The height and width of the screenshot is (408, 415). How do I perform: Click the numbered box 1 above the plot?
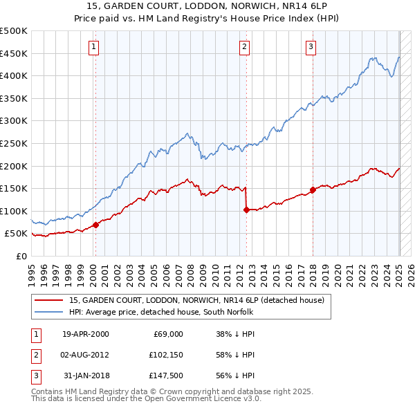[x=93, y=47]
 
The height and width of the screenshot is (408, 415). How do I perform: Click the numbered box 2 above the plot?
[x=245, y=47]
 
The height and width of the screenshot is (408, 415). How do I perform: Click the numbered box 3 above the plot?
[x=311, y=47]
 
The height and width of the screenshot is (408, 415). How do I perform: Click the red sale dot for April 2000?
[x=95, y=225]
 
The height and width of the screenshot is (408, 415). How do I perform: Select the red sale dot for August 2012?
[x=246, y=210]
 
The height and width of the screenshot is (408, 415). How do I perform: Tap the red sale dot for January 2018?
[x=313, y=189]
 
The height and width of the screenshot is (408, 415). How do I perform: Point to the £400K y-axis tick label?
[x=14, y=76]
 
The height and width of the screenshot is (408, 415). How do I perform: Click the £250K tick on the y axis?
[x=14, y=143]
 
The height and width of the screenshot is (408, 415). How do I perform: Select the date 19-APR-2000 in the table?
[x=85, y=334]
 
